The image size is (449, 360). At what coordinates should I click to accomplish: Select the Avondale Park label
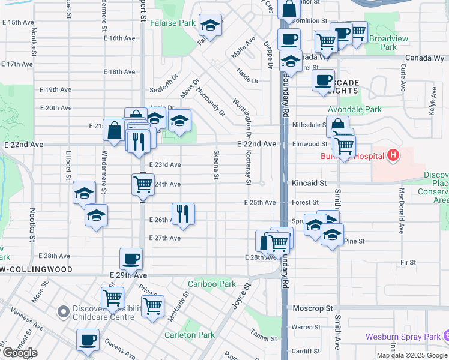(354, 110)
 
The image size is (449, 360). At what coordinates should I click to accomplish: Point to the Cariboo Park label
(211, 284)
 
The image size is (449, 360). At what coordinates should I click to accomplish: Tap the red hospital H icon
(393, 157)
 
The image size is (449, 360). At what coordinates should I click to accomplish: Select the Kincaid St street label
(309, 182)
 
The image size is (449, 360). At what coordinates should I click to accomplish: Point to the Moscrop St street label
(312, 308)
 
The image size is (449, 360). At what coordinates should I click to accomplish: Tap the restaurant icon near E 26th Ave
(182, 213)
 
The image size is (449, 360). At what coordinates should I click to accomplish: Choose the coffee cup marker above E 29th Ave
(131, 259)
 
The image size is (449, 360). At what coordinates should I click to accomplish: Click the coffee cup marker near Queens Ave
(88, 340)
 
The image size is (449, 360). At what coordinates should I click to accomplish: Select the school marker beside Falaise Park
(211, 25)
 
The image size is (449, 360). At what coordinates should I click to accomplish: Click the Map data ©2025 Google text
(412, 355)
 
